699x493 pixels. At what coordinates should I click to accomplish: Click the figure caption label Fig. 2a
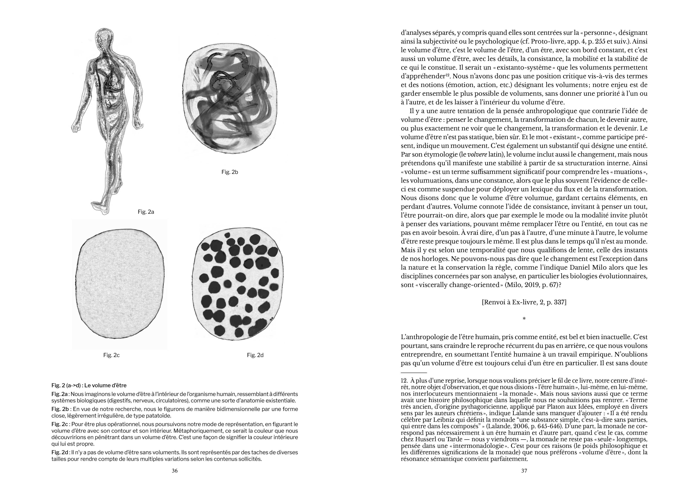click(x=146, y=212)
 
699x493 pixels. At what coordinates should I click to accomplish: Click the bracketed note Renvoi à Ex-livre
click(x=524, y=303)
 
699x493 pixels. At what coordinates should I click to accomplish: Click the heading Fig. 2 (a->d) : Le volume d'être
click(x=89, y=385)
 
